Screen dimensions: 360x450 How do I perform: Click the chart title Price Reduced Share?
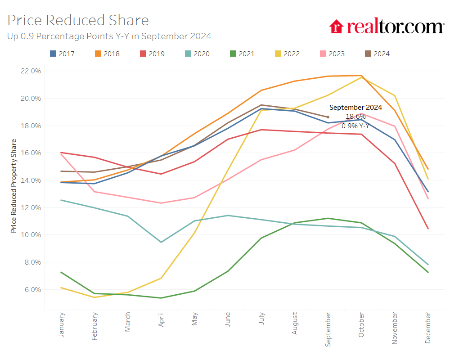pyautogui.click(x=78, y=20)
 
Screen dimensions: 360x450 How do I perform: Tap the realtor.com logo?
pyautogui.click(x=387, y=27)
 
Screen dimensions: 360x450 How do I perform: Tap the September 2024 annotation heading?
pyautogui.click(x=355, y=108)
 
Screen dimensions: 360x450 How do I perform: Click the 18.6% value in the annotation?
pyautogui.click(x=355, y=117)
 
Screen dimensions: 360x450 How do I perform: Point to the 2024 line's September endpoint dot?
pyautogui.click(x=328, y=117)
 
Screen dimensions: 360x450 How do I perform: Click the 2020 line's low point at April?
pyautogui.click(x=162, y=242)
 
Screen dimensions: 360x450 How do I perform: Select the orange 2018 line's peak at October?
pyautogui.click(x=361, y=76)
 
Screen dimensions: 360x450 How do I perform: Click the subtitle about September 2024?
pyautogui.click(x=109, y=36)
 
